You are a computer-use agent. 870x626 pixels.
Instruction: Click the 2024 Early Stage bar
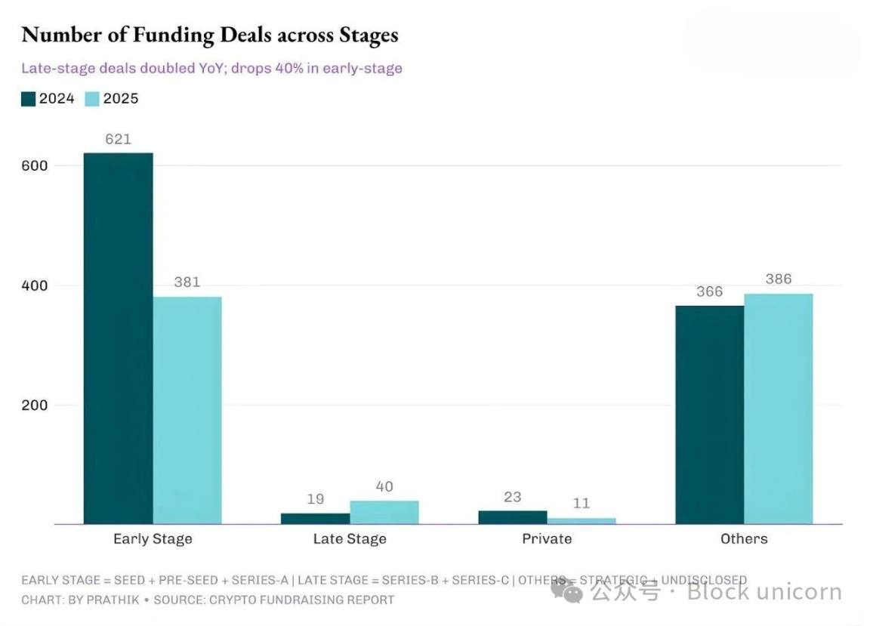coord(118,338)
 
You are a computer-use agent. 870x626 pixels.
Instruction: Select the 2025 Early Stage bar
coord(187,410)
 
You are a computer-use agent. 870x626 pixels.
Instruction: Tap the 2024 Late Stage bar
coord(315,518)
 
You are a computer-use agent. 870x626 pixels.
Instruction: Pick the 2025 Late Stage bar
coord(384,512)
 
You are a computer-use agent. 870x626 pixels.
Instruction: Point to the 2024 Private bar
coord(513,517)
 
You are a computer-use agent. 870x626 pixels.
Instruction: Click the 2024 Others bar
coord(709,415)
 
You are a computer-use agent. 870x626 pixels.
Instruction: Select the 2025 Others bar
coord(778,409)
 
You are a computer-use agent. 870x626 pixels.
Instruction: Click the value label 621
coord(118,139)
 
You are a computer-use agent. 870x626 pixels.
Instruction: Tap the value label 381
coord(187,282)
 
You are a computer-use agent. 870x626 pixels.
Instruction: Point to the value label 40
coord(384,487)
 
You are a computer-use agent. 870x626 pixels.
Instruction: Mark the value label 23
coord(513,497)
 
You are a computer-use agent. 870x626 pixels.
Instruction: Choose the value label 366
coord(709,291)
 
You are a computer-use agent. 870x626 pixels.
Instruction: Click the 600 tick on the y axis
coord(35,165)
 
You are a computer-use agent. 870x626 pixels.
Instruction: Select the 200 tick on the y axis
coord(35,405)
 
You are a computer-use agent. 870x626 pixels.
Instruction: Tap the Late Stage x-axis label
coord(350,539)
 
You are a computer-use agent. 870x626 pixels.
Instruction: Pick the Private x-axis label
coord(547,539)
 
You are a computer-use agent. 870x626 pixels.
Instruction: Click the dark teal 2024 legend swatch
coord(29,99)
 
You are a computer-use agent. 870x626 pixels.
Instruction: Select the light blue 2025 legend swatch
coord(91,99)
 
